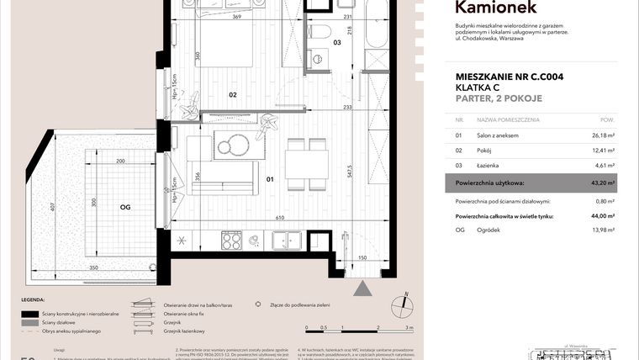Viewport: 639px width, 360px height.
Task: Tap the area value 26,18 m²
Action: tap(600, 135)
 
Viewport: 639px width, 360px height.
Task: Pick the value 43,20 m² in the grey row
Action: tap(600, 183)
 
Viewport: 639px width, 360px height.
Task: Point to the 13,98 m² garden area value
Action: tap(600, 230)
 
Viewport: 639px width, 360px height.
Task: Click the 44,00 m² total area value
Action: tap(600, 216)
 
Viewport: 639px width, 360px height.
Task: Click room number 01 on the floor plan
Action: tap(271, 178)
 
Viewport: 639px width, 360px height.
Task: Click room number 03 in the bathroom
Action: tap(336, 41)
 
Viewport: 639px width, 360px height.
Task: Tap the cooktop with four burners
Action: tap(231, 241)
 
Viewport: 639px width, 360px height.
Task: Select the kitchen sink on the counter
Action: tap(288, 241)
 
